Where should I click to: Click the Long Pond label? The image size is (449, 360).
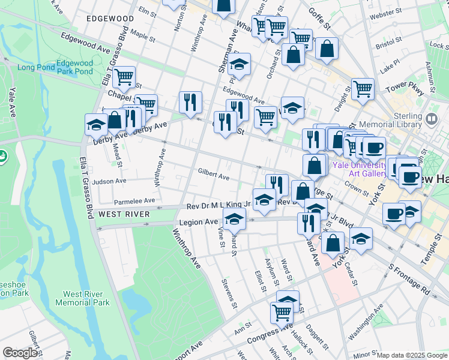[34, 67]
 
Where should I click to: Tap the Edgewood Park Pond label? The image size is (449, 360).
[74, 67]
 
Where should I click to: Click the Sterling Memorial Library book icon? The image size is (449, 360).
[430, 119]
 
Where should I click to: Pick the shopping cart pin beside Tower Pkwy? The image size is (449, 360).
[363, 89]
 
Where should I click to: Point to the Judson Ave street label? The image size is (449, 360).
[109, 181]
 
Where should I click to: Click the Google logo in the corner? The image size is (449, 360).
[19, 353]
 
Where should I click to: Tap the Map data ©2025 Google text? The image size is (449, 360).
[412, 355]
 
